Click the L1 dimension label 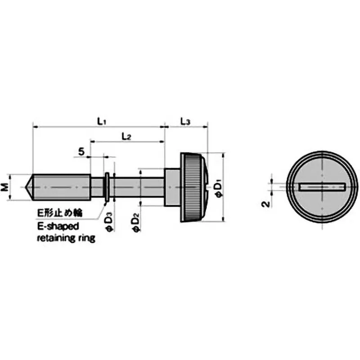pyautogui.click(x=101, y=121)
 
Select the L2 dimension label pyautogui.click(x=126, y=137)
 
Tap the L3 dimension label pyautogui.click(x=185, y=121)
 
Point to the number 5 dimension pyautogui.click(x=81, y=152)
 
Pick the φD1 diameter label pyautogui.click(x=218, y=187)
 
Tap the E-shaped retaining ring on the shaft pyautogui.click(x=107, y=187)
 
